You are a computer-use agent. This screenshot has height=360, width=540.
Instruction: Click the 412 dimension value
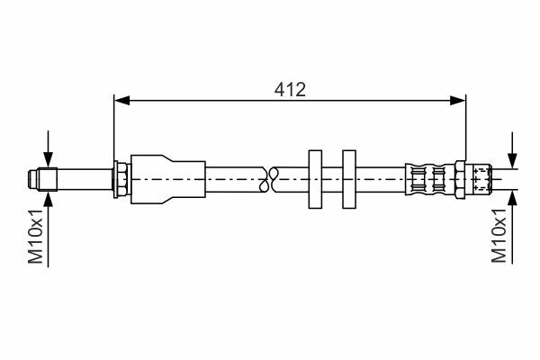[x=290, y=90]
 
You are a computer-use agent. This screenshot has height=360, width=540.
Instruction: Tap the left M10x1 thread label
[x=35, y=237]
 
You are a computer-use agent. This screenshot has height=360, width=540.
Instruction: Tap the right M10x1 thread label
[x=499, y=236]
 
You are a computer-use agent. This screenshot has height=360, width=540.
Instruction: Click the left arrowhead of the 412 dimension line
[x=121, y=101]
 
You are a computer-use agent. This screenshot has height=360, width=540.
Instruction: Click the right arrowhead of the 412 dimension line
[x=458, y=101]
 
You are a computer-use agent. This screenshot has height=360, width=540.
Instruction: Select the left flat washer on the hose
[x=315, y=179]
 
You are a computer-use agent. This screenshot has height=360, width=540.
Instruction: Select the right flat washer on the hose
[x=349, y=179]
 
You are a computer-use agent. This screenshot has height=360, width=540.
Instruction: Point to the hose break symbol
[x=269, y=179]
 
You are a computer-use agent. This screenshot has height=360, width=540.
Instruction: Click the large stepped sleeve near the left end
[x=168, y=179]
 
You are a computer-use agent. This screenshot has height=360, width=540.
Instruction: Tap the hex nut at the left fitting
[x=121, y=179]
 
